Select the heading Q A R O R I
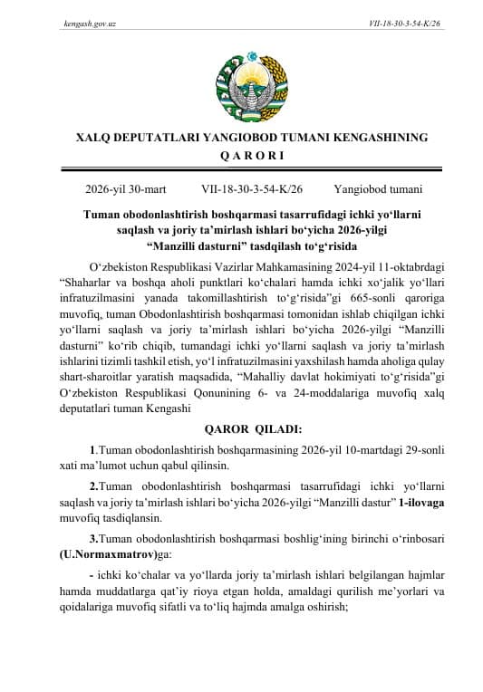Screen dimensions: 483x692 [241, 155]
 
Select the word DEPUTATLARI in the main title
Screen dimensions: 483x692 [154, 136]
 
